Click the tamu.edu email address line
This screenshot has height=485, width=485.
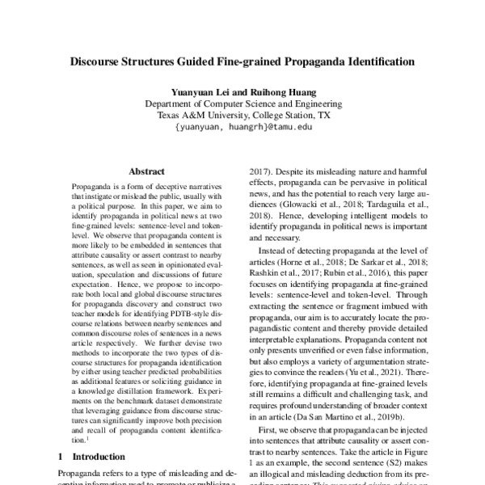coord(242,127)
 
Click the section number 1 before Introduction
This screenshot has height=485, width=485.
coord(63,457)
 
